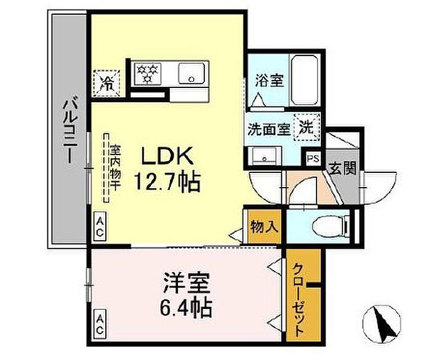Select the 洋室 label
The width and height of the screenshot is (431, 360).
[187, 283]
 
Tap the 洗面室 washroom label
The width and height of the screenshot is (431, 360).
[268, 129]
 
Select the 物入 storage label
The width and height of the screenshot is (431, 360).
[264, 226]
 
